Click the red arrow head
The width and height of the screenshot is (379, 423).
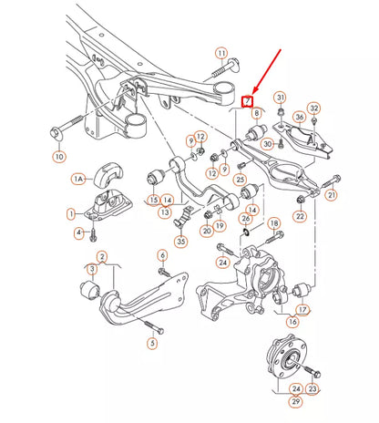click(255, 90)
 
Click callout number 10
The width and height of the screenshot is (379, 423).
click(59, 156)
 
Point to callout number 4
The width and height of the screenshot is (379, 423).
click(79, 233)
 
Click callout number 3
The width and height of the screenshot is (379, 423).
click(91, 269)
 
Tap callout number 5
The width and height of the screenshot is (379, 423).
click(152, 343)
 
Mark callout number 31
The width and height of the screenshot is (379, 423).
click(281, 98)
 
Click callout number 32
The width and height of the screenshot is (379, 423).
click(313, 108)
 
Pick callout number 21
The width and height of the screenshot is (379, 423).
click(331, 194)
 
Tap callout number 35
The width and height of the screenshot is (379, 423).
click(181, 242)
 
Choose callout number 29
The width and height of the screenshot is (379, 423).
click(295, 400)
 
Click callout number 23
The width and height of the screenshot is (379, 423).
click(312, 388)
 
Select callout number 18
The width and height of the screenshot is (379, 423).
click(274, 222)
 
